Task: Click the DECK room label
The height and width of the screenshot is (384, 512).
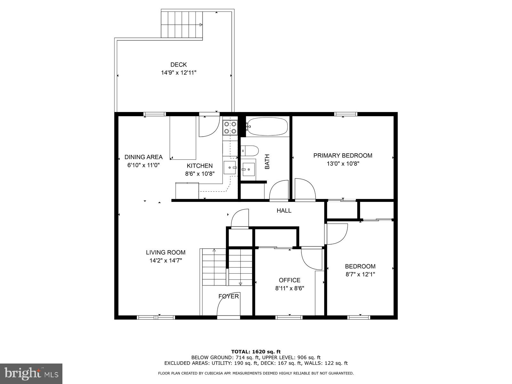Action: click(x=178, y=65)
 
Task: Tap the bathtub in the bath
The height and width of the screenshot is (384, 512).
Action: click(x=268, y=126)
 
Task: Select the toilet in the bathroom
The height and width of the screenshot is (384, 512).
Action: click(x=250, y=150)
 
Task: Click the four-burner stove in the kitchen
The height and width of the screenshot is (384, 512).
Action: click(x=230, y=127)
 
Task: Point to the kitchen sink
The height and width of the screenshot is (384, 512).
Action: click(x=230, y=167)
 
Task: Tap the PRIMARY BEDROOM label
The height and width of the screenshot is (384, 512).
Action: click(x=342, y=156)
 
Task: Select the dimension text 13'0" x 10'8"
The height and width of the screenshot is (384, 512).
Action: click(x=342, y=164)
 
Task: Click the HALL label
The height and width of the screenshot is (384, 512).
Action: click(x=284, y=211)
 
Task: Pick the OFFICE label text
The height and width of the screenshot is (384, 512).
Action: click(x=289, y=280)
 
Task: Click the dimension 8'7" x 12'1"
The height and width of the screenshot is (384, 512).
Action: click(x=360, y=274)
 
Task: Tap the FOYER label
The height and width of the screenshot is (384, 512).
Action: click(x=228, y=296)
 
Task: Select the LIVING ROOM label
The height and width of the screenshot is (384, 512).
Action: click(x=165, y=252)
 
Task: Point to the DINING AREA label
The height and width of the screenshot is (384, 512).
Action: click(x=143, y=157)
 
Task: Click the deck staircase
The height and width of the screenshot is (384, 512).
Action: click(x=182, y=25)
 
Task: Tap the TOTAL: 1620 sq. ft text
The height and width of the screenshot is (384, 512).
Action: click(x=256, y=352)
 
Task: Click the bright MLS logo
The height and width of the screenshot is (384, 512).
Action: click(x=31, y=373)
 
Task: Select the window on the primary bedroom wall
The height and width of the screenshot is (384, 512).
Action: click(x=346, y=114)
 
